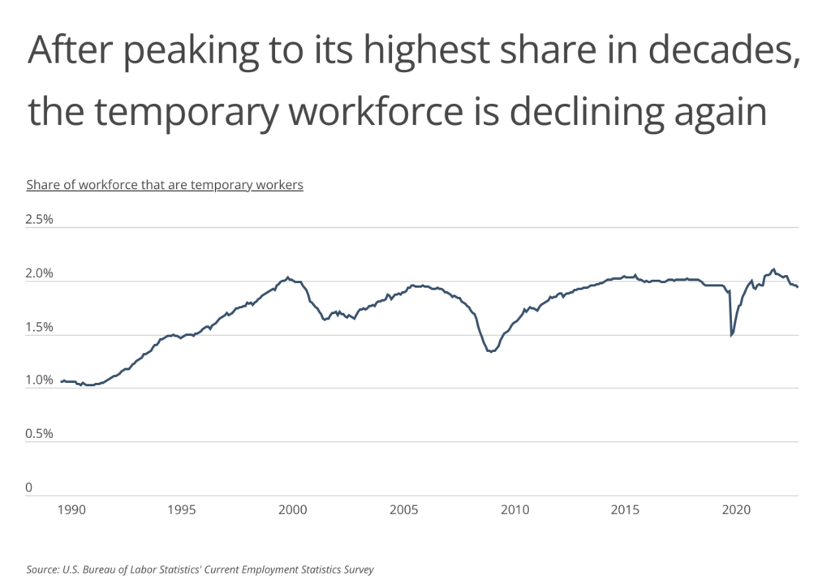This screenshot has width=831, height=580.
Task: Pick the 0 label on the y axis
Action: pyautogui.click(x=28, y=488)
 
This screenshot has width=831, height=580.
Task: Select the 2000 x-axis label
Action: pyautogui.click(x=292, y=510)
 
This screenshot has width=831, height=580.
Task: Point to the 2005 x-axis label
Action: pyautogui.click(x=403, y=510)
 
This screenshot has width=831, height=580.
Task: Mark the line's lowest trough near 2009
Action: pyautogui.click(x=490, y=351)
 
